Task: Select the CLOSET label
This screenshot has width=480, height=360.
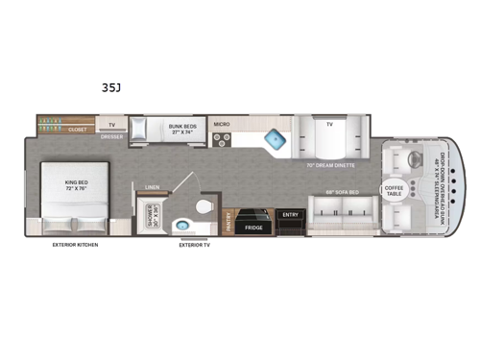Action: click(x=78, y=128)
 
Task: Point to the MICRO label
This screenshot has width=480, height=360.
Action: click(x=221, y=124)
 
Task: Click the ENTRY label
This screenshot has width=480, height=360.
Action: click(x=290, y=214)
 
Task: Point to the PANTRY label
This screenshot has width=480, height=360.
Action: click(x=228, y=223)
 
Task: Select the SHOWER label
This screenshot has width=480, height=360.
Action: click(x=149, y=215)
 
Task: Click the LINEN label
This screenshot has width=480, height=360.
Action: click(x=152, y=187)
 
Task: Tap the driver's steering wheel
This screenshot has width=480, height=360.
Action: click(x=416, y=159)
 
